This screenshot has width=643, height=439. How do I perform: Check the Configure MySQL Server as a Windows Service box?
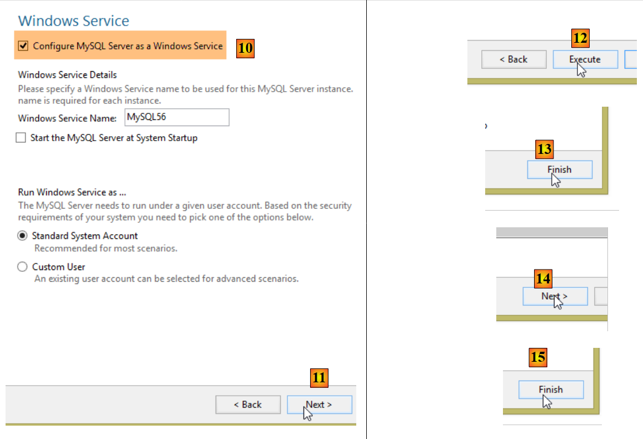[x=23, y=46]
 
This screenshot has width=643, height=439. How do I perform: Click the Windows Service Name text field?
[x=177, y=117]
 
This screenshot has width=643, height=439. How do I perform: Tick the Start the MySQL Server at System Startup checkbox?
[x=21, y=138]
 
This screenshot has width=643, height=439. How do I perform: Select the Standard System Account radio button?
[x=22, y=236]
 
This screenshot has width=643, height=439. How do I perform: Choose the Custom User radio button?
[x=22, y=267]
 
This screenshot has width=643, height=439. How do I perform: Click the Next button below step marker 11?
[x=320, y=405]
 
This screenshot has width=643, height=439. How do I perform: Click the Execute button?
[x=585, y=59]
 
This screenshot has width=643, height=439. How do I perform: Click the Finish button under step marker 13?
[x=560, y=169]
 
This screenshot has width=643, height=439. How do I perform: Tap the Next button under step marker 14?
[x=555, y=296]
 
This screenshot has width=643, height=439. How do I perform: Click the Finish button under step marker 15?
[x=551, y=390]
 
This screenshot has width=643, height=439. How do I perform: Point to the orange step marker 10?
[x=245, y=48]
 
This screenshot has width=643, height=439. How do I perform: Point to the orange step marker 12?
[x=580, y=38]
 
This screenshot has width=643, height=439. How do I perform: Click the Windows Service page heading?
[x=73, y=21]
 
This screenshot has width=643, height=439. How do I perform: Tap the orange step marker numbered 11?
[x=319, y=377]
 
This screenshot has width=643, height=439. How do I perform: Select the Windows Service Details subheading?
[x=67, y=74]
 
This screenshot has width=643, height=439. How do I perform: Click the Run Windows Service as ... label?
[x=72, y=192]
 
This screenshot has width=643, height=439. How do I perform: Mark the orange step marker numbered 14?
[x=543, y=279]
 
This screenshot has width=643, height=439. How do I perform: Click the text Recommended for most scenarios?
[x=106, y=248]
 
